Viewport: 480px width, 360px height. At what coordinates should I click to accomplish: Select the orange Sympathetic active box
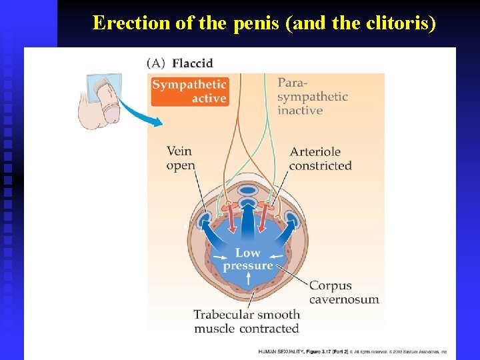tap(190, 92)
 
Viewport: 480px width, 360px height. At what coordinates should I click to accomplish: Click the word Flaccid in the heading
tap(193, 63)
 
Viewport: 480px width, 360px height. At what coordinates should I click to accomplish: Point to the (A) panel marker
tap(156, 63)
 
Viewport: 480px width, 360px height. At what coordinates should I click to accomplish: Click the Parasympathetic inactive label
tap(313, 97)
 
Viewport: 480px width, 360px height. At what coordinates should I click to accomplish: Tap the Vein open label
tap(181, 159)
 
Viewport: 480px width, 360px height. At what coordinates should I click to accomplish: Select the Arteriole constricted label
tap(320, 159)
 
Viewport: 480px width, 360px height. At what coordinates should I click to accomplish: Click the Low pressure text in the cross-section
tap(248, 259)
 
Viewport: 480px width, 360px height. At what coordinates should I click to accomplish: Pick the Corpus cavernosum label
tap(343, 293)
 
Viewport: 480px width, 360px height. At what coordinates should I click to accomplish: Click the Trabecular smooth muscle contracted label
tap(247, 321)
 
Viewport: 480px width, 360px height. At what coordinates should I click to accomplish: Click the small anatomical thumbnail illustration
tap(101, 100)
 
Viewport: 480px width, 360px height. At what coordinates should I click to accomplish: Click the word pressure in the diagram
tap(248, 266)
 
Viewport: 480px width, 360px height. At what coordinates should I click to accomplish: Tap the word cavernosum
tap(344, 300)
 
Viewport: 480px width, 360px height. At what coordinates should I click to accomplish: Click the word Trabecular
tap(221, 315)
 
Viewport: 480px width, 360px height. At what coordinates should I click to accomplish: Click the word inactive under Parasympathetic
tap(299, 111)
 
